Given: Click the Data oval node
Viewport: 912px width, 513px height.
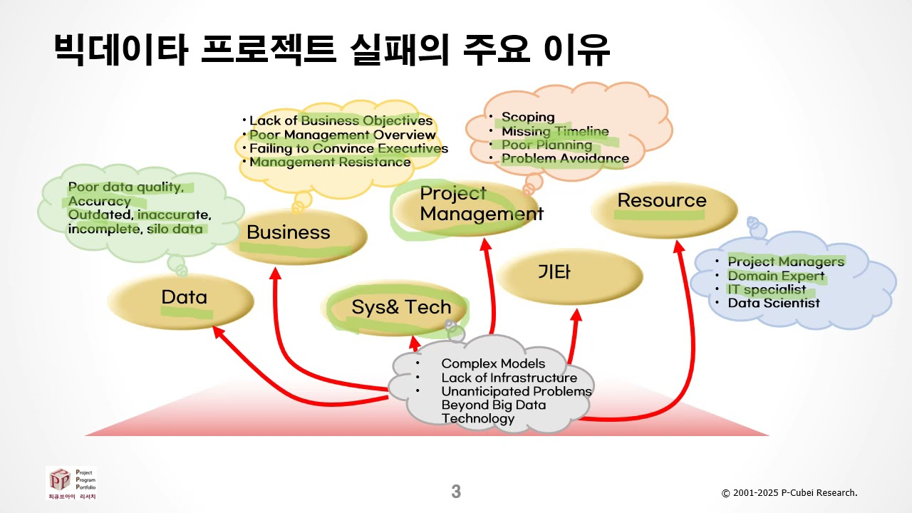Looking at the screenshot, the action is coord(181,299).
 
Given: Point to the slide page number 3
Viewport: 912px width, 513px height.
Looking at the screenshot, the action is coord(456,492).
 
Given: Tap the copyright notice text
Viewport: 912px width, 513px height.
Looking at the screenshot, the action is coord(789,493).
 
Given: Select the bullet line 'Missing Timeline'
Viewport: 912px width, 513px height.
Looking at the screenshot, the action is coord(555,132).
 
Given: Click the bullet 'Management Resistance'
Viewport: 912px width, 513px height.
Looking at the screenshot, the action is coord(330,162).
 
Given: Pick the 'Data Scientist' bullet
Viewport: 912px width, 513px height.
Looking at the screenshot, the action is coord(774,303).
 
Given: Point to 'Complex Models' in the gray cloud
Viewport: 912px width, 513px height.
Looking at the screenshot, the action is coord(493,363).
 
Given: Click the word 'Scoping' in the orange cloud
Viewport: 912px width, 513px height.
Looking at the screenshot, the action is coord(528,118).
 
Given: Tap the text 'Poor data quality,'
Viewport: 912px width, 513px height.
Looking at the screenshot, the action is coord(126,187).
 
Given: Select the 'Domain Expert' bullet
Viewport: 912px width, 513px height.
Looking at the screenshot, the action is coord(776,276).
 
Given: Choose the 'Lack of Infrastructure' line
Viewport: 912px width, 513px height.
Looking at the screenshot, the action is coord(509,378).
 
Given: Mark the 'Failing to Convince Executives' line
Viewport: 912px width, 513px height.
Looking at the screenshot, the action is coord(348,148).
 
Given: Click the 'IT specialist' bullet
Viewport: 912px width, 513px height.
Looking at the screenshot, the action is coord(767,289).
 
